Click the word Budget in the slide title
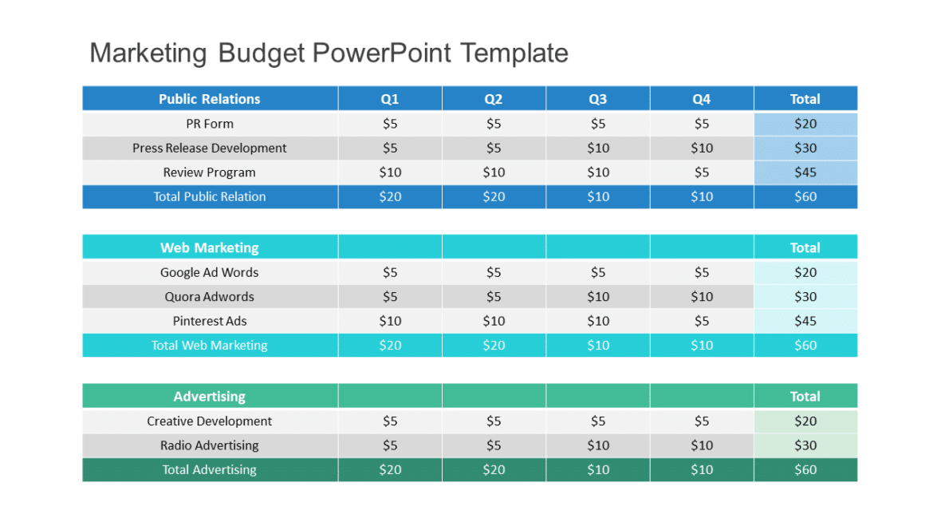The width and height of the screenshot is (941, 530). point(261,53)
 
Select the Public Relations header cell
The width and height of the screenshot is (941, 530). point(209,99)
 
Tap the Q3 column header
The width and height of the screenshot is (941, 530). point(597,99)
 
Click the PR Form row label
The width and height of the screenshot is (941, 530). point(209,124)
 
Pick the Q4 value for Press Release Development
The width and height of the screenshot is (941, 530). point(702,148)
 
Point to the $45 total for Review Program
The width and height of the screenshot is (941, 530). point(805,172)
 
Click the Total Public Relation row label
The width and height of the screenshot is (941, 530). point(209,196)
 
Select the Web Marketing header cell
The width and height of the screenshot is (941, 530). point(209,247)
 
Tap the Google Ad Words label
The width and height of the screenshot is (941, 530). point(209,272)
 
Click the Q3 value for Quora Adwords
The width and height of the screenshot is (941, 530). point(597,296)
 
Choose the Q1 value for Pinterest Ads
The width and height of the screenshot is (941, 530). point(390,321)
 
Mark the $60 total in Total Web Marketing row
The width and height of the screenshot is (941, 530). point(805,345)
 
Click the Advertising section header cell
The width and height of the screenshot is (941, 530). point(209,396)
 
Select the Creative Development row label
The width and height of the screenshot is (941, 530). point(209,421)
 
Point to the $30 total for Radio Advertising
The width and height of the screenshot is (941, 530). point(805,445)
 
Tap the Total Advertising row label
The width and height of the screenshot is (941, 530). point(209,469)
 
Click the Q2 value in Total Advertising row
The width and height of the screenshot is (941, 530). point(494,469)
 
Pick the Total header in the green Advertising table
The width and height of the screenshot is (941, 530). point(805,396)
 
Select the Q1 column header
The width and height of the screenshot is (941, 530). point(390,99)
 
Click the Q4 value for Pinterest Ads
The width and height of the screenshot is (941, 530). point(702,321)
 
